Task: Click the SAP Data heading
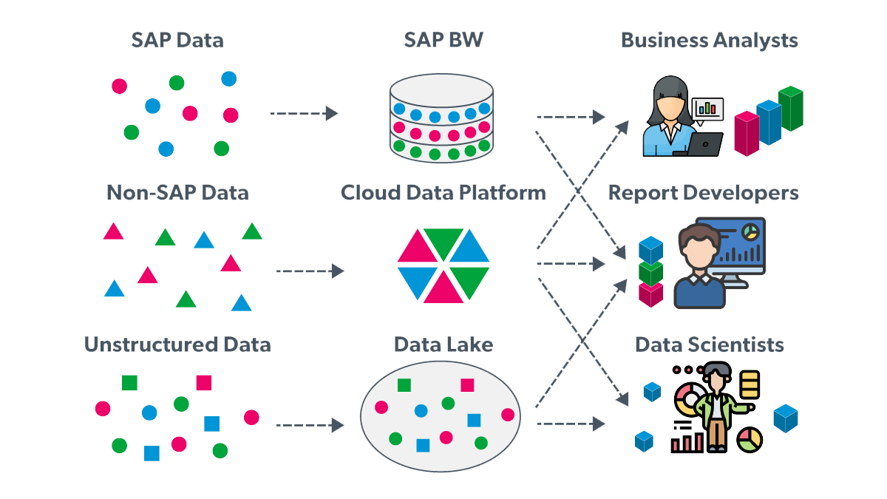[177, 40]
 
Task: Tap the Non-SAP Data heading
[177, 193]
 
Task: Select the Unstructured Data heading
[177, 344]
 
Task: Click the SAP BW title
[443, 40]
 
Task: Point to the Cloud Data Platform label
[443, 193]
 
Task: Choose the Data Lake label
[443, 344]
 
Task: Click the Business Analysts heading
[710, 40]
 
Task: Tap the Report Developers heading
[704, 193]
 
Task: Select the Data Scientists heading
[710, 344]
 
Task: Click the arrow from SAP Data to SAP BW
[303, 114]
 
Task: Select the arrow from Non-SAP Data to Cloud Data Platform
[310, 271]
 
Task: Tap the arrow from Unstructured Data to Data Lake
[310, 425]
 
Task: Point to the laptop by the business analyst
[707, 143]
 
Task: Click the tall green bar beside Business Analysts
[791, 109]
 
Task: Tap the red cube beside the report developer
[650, 294]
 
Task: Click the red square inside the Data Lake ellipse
[467, 385]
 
